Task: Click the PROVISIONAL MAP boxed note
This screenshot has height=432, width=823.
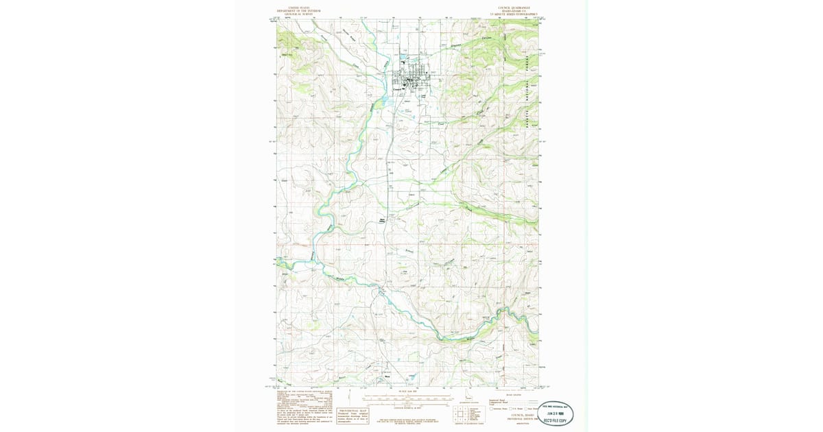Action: pos(352,413)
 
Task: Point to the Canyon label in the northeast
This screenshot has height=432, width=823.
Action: pos(487,38)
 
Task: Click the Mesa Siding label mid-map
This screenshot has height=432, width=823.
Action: pos(383,220)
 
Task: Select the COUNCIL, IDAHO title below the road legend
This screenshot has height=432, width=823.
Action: pos(515,415)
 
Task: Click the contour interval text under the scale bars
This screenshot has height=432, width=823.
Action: pos(411,407)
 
